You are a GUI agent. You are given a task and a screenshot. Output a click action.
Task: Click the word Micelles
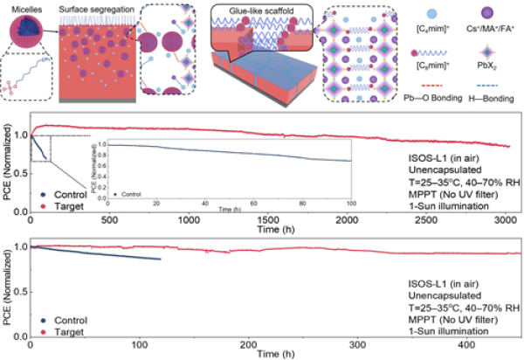[24, 8]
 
